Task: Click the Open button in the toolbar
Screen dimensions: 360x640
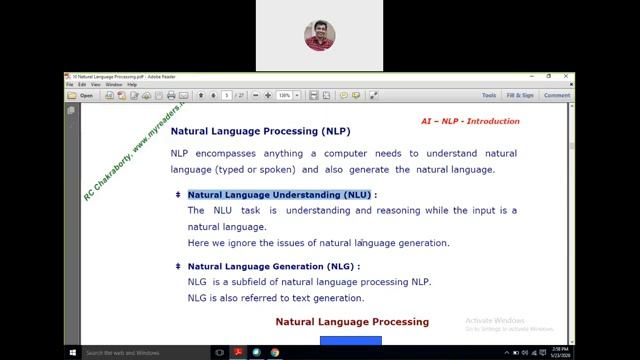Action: [x=82, y=96]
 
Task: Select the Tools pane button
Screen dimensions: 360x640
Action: [x=489, y=96]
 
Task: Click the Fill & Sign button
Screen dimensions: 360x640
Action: [x=520, y=96]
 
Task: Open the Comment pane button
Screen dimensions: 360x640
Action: [x=557, y=96]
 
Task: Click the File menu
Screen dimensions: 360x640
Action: [x=70, y=85]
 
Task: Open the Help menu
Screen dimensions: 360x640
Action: [x=132, y=85]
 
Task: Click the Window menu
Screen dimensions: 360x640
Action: [x=114, y=85]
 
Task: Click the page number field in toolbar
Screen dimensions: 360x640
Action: [x=228, y=96]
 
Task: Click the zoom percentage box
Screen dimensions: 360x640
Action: [x=284, y=96]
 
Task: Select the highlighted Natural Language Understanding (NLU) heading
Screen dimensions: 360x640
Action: [x=279, y=195]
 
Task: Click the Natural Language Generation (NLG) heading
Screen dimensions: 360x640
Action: [x=273, y=267]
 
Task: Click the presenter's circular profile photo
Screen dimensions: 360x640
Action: [x=320, y=36]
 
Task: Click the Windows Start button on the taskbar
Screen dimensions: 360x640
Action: [x=73, y=352]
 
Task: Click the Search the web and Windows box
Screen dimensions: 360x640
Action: [x=140, y=352]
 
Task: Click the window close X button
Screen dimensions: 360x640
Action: [x=568, y=76]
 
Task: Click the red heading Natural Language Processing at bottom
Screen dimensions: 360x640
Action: [x=352, y=322]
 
